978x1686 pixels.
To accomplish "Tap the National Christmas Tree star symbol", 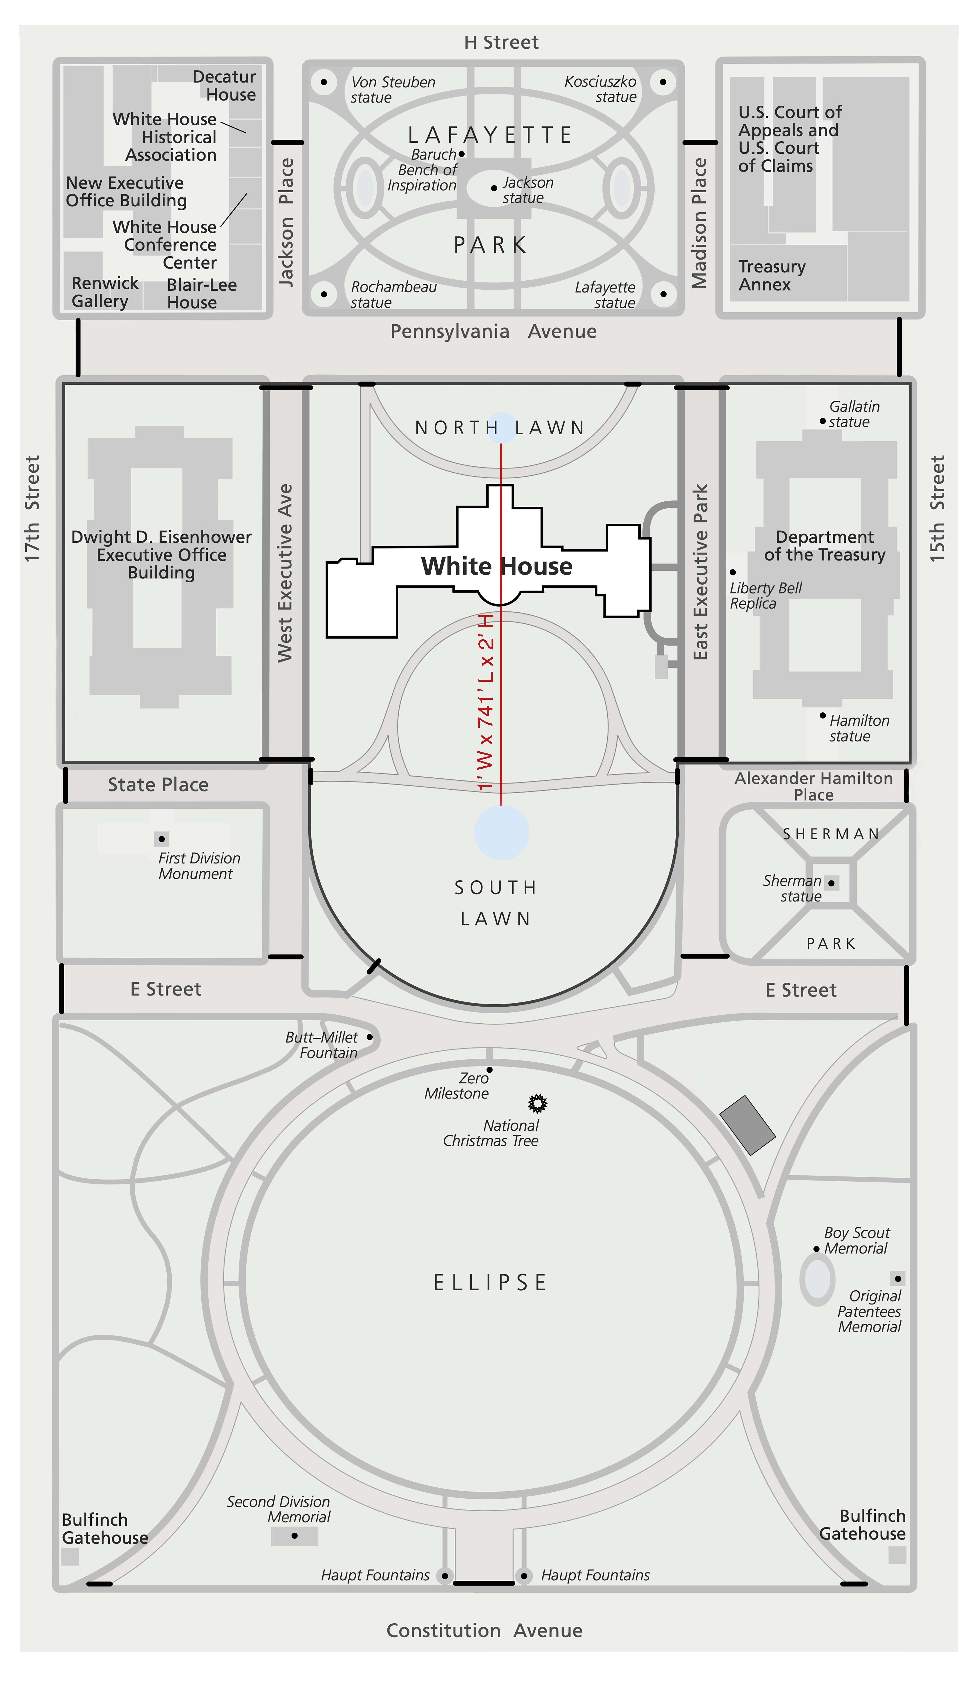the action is [537, 1102].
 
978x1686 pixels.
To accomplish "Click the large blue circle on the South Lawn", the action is [502, 832].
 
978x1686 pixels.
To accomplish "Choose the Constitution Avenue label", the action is [484, 1630].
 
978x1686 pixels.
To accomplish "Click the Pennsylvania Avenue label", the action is [494, 331].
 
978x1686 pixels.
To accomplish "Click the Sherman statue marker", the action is [831, 883].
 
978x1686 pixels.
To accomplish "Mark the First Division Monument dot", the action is [161, 839].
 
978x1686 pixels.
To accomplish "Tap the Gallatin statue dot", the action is [823, 421].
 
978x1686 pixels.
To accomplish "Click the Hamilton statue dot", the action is [823, 715].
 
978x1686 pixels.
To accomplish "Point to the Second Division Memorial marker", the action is [294, 1535].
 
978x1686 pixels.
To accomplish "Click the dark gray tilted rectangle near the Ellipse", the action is [747, 1125].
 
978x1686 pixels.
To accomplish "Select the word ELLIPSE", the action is [490, 1283].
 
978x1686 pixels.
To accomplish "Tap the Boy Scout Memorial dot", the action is [816, 1249].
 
